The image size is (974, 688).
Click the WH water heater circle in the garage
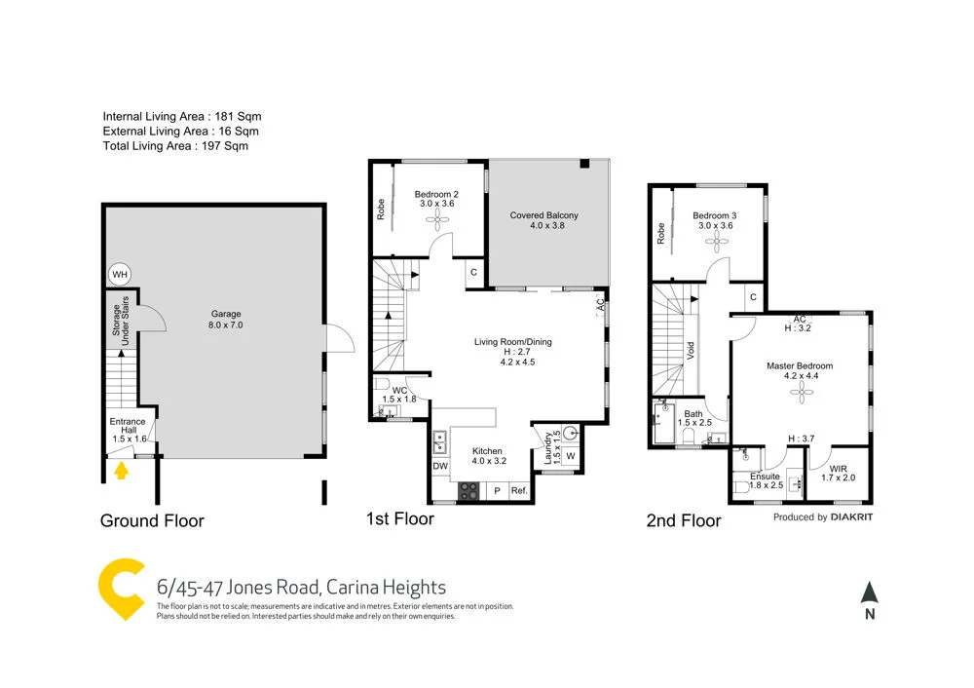[x=120, y=275]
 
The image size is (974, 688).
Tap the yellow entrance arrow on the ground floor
[x=121, y=472]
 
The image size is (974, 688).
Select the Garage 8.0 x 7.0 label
[x=226, y=320]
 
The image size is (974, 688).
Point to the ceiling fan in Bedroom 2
[x=436, y=220]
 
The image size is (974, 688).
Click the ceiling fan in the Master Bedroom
[x=802, y=390]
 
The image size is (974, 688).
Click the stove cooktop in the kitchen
[x=469, y=491]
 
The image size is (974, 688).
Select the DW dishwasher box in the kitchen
[x=440, y=467]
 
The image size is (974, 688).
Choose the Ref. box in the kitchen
[x=519, y=491]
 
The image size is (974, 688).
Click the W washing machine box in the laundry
[x=570, y=456]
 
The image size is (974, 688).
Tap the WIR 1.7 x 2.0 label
[x=839, y=474]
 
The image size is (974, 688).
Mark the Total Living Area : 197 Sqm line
[x=175, y=146]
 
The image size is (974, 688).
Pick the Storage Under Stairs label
[x=122, y=316]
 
